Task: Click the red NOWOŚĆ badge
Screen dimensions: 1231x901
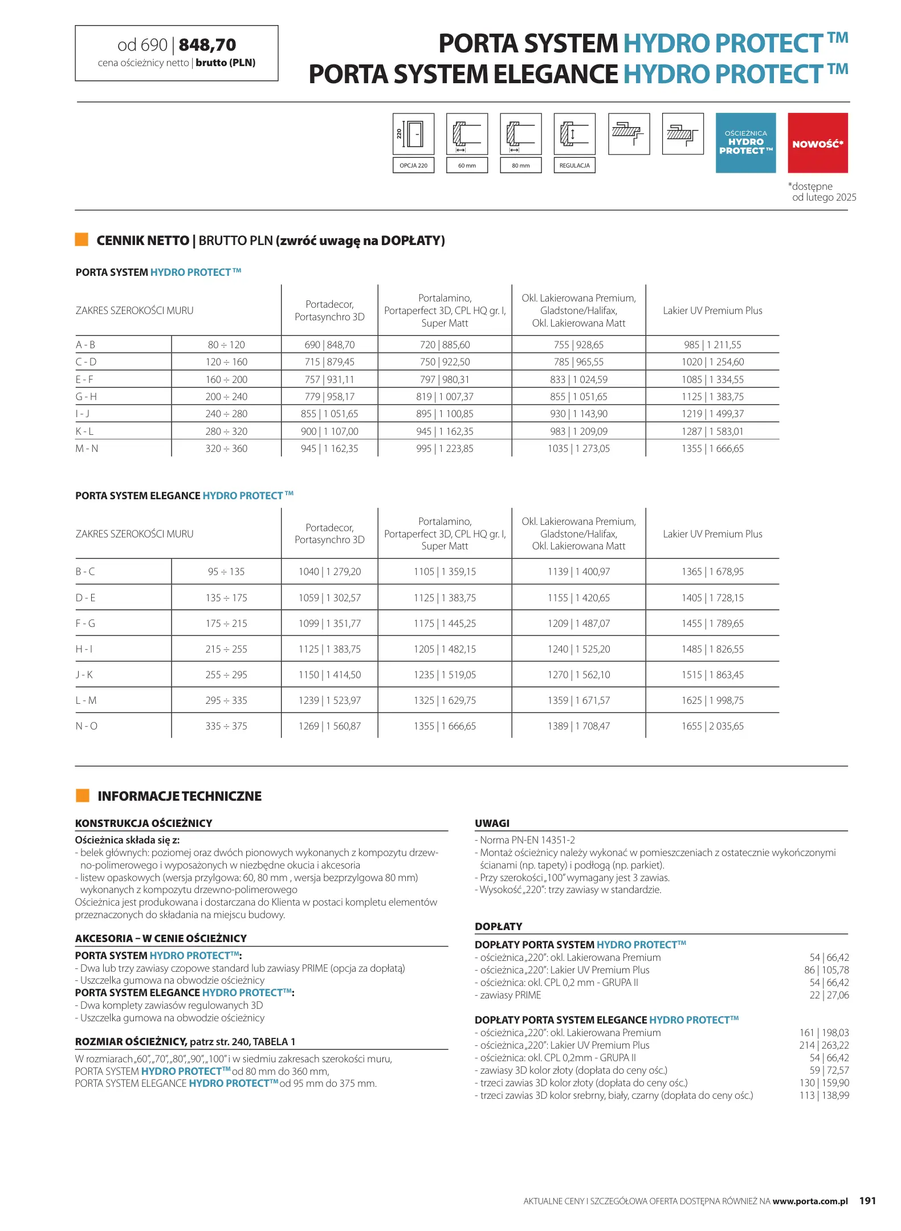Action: (817, 143)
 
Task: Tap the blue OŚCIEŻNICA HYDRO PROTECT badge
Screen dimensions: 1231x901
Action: (745, 143)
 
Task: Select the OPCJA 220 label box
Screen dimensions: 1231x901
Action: (413, 165)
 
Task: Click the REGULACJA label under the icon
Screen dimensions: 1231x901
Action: (574, 165)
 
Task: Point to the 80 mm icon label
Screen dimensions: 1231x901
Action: (520, 165)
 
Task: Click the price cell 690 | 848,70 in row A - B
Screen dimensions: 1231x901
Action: (329, 345)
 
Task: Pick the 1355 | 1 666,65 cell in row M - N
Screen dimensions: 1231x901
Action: (712, 449)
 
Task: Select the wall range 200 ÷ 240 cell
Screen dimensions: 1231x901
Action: (226, 397)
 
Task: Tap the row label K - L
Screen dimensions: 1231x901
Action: (85, 431)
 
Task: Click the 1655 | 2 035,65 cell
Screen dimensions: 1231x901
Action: (712, 726)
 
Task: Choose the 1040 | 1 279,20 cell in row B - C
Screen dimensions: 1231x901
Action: (329, 572)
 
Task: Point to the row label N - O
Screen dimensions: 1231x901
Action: (87, 726)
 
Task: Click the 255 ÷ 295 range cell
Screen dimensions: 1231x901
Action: (226, 675)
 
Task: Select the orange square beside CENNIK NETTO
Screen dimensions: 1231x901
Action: (81, 239)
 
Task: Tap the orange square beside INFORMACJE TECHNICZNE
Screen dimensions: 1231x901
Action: (83, 796)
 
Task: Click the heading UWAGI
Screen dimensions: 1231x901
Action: (492, 823)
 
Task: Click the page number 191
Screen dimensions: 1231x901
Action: (867, 1201)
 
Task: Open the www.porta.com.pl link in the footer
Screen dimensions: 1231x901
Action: (810, 1201)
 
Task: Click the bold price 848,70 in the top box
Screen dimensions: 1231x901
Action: (207, 45)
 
